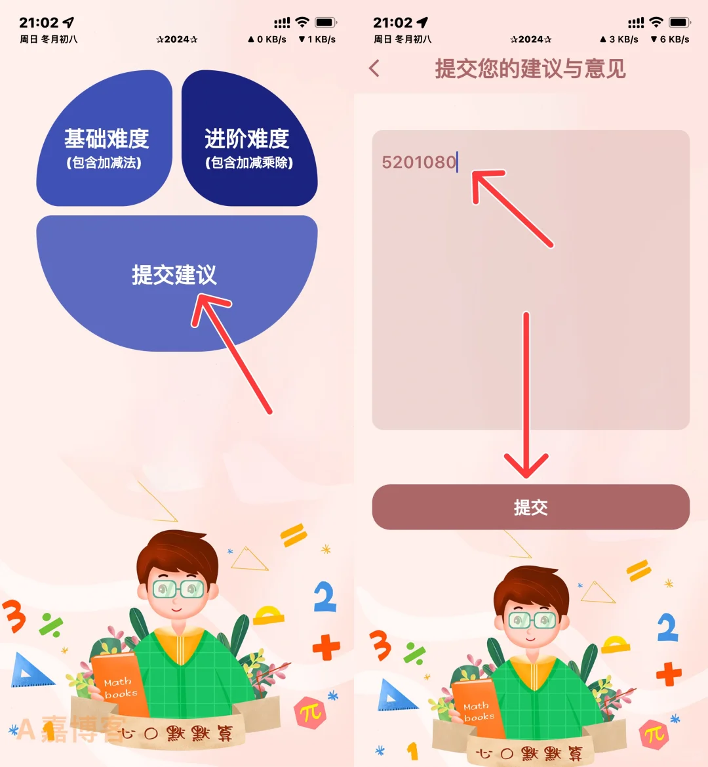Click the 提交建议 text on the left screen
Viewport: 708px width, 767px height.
pyautogui.click(x=174, y=274)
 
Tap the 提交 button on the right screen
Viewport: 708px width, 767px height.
pyautogui.click(x=530, y=507)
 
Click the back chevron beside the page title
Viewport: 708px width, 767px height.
pyautogui.click(x=374, y=68)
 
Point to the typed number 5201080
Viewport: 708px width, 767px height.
pyautogui.click(x=418, y=162)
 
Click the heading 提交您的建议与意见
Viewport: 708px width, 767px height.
pyautogui.click(x=530, y=68)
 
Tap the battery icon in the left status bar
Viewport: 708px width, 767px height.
pyautogui.click(x=326, y=22)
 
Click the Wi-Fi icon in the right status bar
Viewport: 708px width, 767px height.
pyautogui.click(x=656, y=22)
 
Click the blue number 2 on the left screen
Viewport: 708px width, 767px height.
pyautogui.click(x=324, y=597)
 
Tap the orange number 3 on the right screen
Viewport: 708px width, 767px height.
pyautogui.click(x=381, y=646)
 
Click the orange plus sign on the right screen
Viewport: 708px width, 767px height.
pyautogui.click(x=668, y=674)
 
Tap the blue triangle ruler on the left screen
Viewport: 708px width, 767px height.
pyautogui.click(x=30, y=671)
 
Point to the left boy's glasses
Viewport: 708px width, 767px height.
pyautogui.click(x=178, y=588)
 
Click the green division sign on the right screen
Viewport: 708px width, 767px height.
pyautogui.click(x=414, y=653)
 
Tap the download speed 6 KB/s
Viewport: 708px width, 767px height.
pyautogui.click(x=670, y=39)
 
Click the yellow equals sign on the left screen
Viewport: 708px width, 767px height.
pyautogui.click(x=294, y=535)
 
